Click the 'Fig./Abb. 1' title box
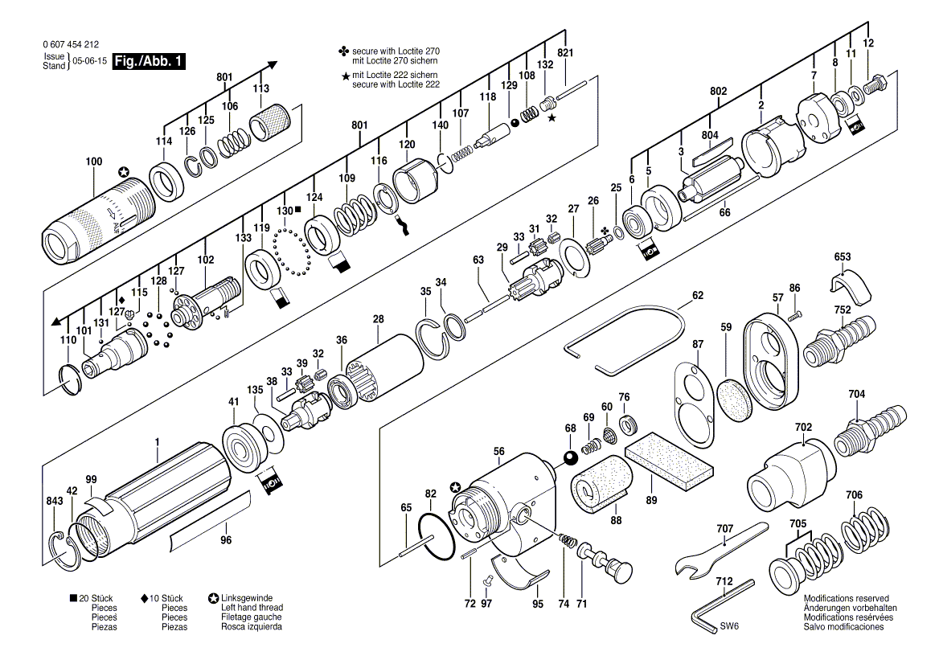[149, 61]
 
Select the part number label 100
[94, 161]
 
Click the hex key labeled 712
[720, 604]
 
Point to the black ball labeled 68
[569, 457]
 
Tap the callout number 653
[842, 257]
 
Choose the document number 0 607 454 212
[71, 44]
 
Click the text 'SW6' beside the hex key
[729, 626]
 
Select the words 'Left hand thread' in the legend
[252, 608]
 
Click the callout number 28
[378, 320]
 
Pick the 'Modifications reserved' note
[846, 598]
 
